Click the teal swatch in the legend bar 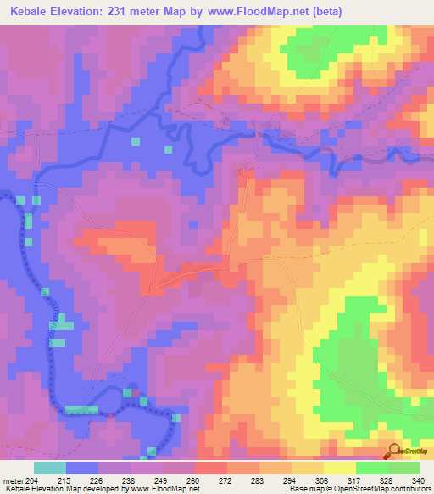click(50, 468)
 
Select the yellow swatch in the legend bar click(340, 468)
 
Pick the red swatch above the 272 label click(211, 468)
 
